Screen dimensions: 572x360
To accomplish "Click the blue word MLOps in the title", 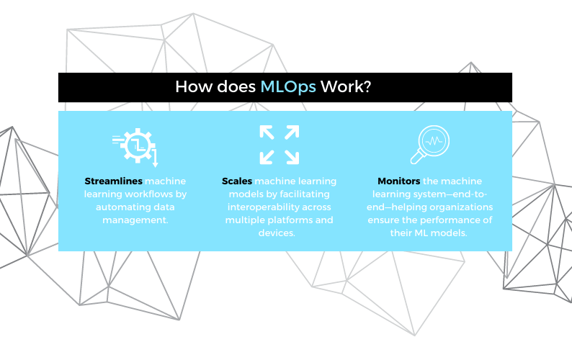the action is coord(288,87).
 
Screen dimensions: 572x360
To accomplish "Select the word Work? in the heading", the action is coord(346,87).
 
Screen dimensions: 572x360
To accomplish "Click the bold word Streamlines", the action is coord(113,181).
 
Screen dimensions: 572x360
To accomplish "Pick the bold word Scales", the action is coord(237,181).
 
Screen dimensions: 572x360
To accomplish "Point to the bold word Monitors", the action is coord(399,181).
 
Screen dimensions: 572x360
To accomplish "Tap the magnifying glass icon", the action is coord(430,145).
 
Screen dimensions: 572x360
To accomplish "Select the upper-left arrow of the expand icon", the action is coord(267,132).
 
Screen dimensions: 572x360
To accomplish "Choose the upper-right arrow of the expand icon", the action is coord(292,132).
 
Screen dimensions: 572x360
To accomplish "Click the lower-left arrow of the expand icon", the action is coord(267,157).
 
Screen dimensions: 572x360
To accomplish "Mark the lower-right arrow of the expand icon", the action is coord(292,157).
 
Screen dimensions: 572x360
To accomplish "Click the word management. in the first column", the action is coord(135,220).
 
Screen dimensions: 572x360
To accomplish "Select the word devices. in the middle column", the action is coord(277,233).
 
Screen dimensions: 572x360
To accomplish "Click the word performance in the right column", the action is coord(449,220).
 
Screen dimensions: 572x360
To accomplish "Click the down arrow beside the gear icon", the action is coord(155,158).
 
